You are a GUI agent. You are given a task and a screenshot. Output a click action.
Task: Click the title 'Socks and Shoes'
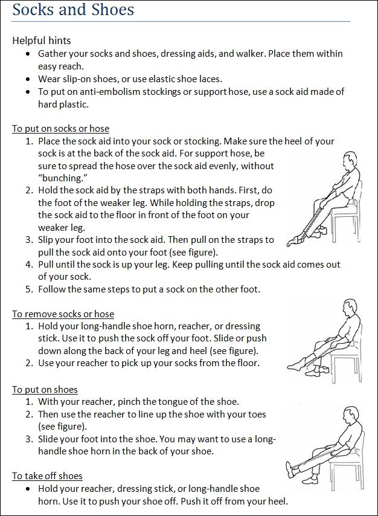tap(73, 10)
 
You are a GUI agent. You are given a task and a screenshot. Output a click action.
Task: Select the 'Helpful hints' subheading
tap(42, 40)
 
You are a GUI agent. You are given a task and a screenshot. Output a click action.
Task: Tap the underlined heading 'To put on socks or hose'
tap(60, 128)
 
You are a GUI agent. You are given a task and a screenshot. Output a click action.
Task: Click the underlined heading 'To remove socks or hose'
tap(63, 314)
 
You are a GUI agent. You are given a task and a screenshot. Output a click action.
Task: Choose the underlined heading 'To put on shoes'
tap(45, 389)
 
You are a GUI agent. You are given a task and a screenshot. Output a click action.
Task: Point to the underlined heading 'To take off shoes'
tap(47, 476)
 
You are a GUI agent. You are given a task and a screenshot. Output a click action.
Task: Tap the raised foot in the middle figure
tap(294, 364)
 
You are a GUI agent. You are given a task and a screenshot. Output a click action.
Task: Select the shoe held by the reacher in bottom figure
tap(293, 468)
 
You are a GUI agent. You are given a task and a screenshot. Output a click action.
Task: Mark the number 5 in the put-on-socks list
tap(29, 289)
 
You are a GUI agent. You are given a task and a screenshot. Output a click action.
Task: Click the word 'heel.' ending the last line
tap(277, 500)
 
